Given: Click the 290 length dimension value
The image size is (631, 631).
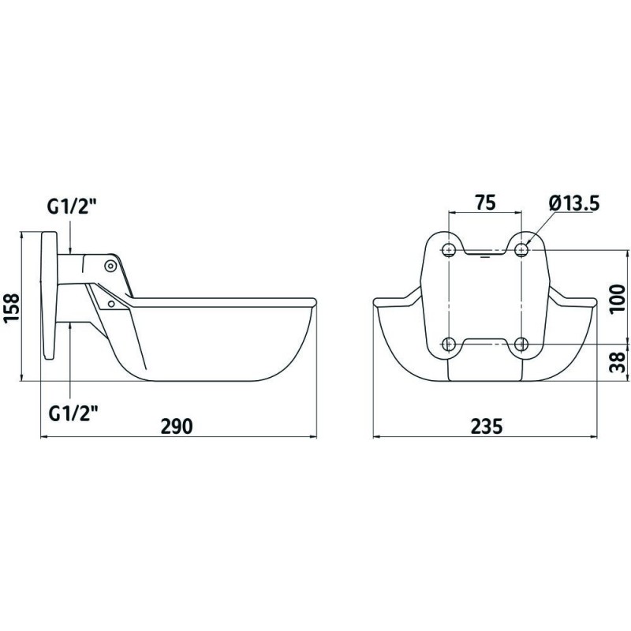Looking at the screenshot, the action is [x=177, y=426].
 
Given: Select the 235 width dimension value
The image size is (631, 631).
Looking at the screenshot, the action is [x=487, y=426].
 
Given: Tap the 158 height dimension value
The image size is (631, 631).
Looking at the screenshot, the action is [x=11, y=308].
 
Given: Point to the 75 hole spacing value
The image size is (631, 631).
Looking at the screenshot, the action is [x=485, y=203].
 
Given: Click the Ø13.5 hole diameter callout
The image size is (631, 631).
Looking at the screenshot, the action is [x=574, y=203].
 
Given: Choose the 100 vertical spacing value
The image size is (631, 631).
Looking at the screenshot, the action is [x=617, y=299].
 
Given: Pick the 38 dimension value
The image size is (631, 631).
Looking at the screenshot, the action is [x=617, y=362].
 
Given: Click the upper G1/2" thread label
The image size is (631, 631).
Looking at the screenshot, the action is [x=73, y=207].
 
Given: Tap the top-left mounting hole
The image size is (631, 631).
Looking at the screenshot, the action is [x=448, y=250].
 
